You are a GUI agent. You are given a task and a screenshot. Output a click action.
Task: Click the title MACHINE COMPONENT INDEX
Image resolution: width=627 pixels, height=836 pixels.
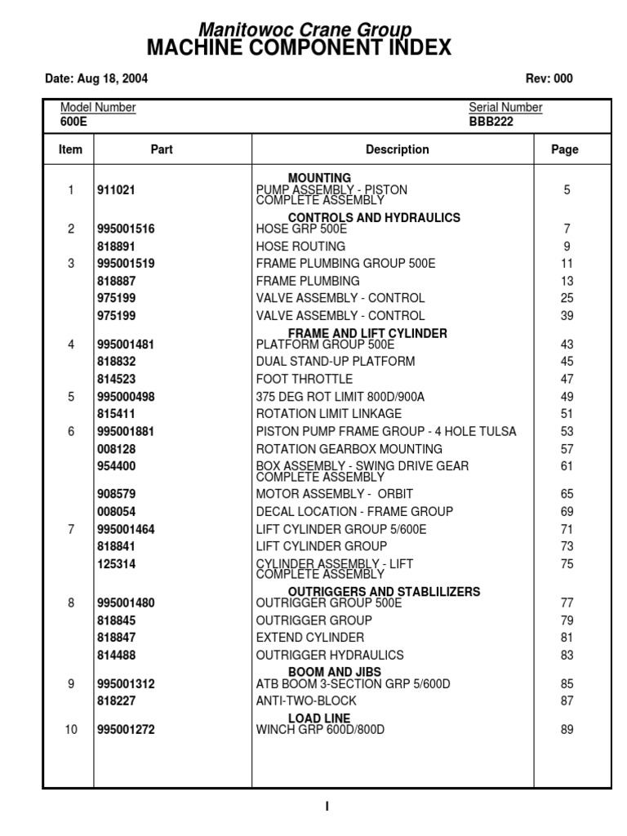[x=299, y=48]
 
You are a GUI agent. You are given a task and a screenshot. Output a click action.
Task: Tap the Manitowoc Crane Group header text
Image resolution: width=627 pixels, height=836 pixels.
[x=299, y=30]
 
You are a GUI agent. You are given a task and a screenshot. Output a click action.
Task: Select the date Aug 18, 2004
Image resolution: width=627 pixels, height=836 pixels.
[x=96, y=79]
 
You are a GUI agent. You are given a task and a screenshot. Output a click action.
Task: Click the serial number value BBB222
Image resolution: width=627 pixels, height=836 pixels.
[x=491, y=122]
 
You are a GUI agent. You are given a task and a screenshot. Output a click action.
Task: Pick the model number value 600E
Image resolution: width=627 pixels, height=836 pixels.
[x=73, y=122]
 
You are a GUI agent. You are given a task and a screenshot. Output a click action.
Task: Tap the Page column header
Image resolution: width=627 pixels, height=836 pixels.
[x=565, y=149]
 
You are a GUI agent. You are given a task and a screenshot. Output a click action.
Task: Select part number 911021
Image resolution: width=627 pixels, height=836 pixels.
[x=116, y=190]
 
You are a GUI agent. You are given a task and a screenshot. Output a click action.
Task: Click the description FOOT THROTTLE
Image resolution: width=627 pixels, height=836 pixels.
[x=305, y=379]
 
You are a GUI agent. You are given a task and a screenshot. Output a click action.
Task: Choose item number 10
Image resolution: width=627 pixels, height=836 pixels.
[x=71, y=730]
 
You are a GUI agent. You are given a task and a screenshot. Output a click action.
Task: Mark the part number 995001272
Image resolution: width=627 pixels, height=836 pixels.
[x=126, y=730]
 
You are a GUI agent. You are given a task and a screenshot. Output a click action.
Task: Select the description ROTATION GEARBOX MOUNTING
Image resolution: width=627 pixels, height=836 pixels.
[x=349, y=449]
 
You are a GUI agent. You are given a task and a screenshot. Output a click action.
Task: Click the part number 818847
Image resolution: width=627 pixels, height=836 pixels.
[x=116, y=638]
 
